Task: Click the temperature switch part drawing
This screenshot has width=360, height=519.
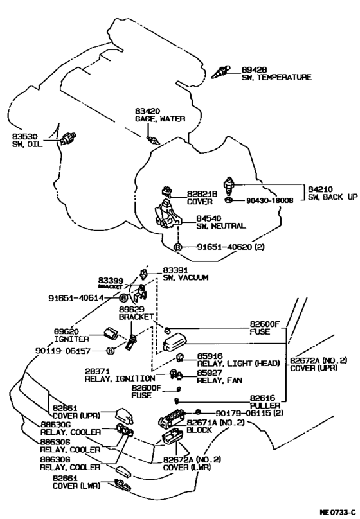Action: (221, 73)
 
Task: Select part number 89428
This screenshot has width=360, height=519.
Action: (254, 69)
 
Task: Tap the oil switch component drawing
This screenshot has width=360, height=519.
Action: (69, 138)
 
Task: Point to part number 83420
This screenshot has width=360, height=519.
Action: (147, 111)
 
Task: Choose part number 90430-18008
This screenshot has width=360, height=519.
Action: (269, 200)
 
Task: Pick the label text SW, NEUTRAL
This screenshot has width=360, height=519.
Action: (221, 225)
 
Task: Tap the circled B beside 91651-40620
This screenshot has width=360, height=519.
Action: (177, 247)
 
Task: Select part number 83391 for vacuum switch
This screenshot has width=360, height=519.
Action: (175, 270)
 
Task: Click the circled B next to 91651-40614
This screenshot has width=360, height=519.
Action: (123, 298)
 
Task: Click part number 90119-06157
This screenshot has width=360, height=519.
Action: (63, 351)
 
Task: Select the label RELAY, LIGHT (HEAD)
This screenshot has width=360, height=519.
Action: (238, 363)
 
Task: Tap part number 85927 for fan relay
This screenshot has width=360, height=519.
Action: (210, 373)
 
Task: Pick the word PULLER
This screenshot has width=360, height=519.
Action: (265, 405)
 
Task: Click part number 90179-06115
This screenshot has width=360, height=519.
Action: (243, 413)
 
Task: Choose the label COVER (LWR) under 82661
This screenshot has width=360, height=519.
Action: (76, 486)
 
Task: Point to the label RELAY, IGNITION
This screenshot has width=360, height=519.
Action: (120, 378)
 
